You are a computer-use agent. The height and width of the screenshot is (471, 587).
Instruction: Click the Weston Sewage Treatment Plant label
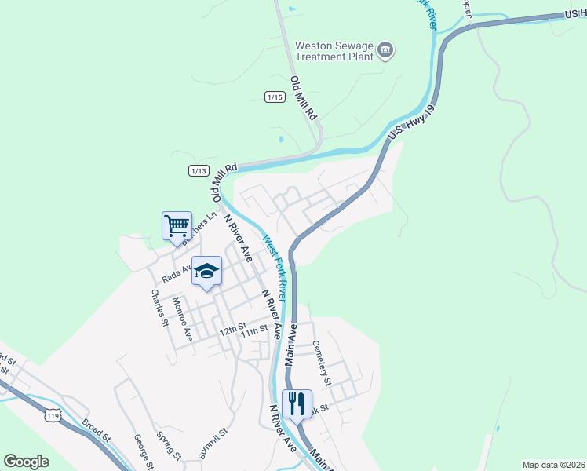tap(334, 51)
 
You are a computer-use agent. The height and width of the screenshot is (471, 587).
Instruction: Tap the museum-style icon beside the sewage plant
tap(385, 51)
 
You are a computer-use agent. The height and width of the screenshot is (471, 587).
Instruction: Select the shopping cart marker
tap(177, 226)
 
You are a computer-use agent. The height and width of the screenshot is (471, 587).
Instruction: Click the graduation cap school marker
tap(207, 272)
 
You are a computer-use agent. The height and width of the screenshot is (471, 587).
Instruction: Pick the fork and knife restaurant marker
tap(297, 404)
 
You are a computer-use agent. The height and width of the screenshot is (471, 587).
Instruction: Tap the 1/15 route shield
tap(275, 97)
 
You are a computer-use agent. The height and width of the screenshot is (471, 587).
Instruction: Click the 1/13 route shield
tap(199, 170)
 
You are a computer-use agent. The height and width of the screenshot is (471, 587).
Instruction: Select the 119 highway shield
tap(53, 415)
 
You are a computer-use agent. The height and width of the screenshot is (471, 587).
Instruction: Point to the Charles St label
tap(160, 308)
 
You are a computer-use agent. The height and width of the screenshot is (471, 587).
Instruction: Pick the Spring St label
tap(169, 446)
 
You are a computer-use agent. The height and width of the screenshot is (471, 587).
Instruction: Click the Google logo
tap(26, 462)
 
